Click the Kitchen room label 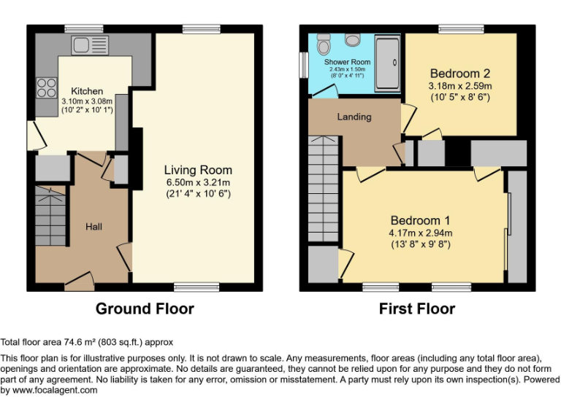(87, 91)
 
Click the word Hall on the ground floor (93, 227)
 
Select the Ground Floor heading (145, 308)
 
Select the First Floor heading (416, 308)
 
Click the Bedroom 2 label (459, 74)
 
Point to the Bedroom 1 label (420, 221)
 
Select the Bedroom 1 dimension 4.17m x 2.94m (420, 233)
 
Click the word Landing (354, 117)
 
